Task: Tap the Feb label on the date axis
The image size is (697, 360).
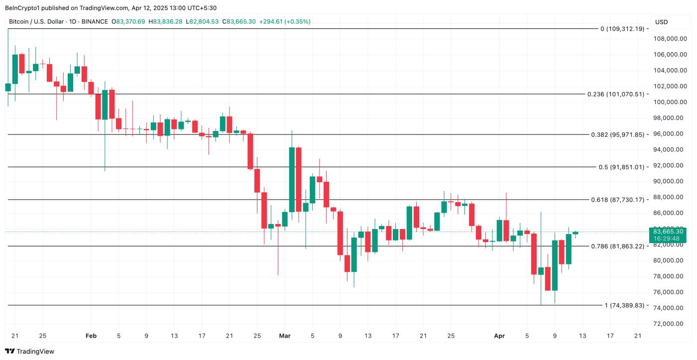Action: [x=91, y=336]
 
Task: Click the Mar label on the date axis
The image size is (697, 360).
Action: [x=284, y=336]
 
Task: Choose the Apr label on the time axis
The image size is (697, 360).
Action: [x=499, y=336]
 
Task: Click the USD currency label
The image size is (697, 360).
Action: [x=662, y=22]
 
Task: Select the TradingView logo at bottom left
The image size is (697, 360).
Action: [x=29, y=352]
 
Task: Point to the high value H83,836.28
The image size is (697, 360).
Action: [x=168, y=21]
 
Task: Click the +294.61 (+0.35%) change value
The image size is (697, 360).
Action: [x=285, y=21]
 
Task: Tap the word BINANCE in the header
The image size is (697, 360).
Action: [x=95, y=21]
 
